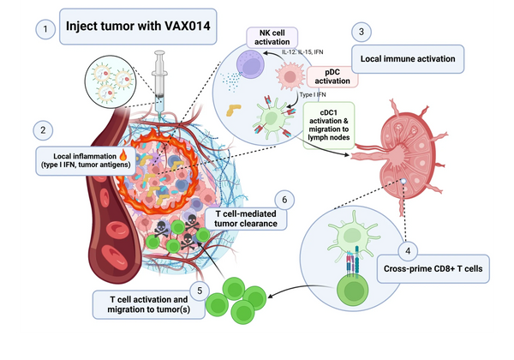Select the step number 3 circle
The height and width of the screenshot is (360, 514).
click(x=363, y=31)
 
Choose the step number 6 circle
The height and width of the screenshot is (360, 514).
click(x=286, y=200)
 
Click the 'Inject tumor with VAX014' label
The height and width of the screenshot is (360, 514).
click(x=137, y=26)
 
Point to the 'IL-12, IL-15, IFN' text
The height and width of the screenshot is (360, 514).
click(x=302, y=53)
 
